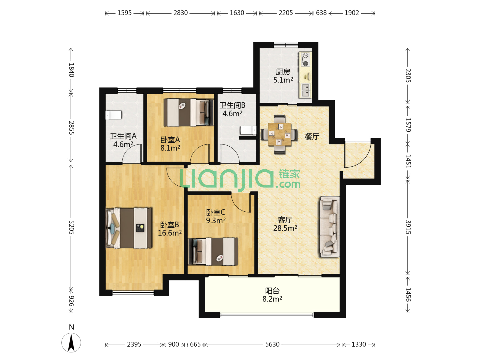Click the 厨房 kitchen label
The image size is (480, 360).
click(283, 72)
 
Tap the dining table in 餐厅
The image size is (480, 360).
click(279, 134)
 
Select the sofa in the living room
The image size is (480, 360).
click(330, 226)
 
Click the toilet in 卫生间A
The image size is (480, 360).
click(113, 115)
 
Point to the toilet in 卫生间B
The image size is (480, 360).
click(248, 130)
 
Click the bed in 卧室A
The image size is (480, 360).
click(189, 113)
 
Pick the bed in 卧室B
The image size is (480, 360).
click(129, 228)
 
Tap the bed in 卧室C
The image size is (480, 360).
click(213, 252)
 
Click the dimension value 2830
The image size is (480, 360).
click(180, 13)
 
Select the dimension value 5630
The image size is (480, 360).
click(272, 344)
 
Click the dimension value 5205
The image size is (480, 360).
click(72, 227)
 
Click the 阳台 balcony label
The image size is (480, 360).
click(272, 291)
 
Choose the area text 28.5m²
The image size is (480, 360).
click(285, 228)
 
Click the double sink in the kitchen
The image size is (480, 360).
click(305, 90)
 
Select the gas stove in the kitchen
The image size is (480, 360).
click(305, 59)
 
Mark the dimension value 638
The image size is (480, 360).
click(321, 13)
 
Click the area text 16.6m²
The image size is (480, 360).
click(170, 233)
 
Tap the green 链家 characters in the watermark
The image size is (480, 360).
click(289, 174)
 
